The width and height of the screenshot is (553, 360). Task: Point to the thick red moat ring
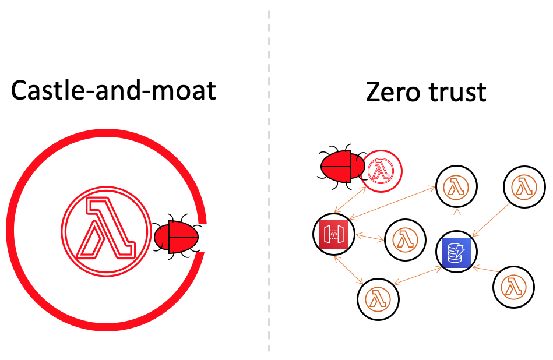point(35,175)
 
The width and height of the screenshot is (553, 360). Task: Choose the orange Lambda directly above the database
point(457,187)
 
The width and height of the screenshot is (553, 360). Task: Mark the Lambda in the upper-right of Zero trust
point(524,188)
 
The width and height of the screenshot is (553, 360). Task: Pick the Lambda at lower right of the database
point(513,286)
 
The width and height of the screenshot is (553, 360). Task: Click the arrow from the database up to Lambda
point(457,220)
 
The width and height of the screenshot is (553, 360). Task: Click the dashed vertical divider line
point(269,175)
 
